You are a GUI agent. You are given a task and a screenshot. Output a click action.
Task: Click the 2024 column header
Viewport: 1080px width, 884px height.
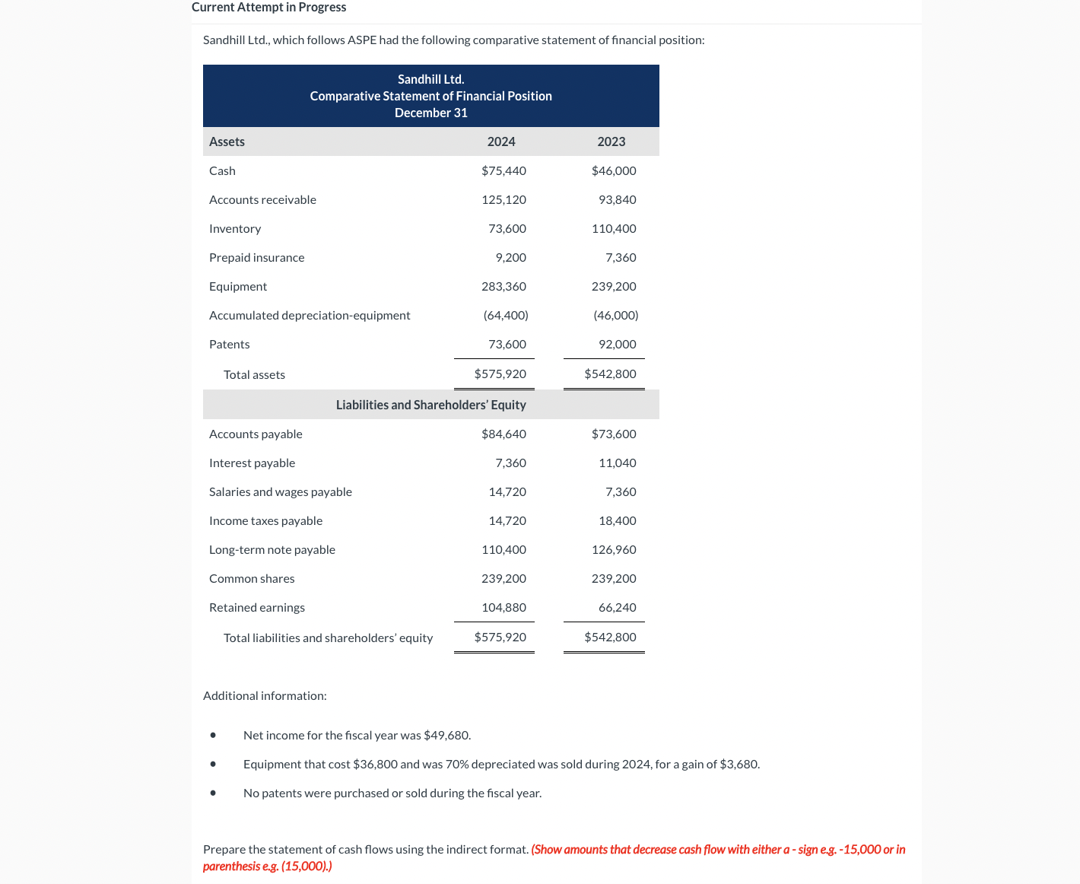[x=501, y=142]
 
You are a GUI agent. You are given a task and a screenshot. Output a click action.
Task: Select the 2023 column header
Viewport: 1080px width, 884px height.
[x=611, y=142]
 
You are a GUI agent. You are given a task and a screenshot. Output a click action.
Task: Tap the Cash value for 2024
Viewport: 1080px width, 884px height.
[x=503, y=171]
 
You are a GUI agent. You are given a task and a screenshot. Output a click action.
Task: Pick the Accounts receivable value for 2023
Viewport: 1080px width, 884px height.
[x=617, y=200]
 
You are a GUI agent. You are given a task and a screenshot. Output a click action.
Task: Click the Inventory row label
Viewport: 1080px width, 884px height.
[x=235, y=229]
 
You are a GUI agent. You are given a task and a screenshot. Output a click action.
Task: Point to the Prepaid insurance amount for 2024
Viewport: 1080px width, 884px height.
[x=510, y=258]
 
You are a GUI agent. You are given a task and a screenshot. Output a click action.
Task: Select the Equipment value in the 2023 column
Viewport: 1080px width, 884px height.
[x=614, y=287]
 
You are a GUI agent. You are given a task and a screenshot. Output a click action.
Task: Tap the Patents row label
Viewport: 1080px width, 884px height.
[x=229, y=345]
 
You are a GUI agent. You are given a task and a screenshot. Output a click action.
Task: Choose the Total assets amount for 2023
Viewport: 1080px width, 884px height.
[x=610, y=374]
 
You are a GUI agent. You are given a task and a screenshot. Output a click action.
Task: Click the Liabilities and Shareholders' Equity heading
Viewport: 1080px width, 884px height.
[x=430, y=405]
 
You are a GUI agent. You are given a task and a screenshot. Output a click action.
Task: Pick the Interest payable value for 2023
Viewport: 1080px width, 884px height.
[x=617, y=463]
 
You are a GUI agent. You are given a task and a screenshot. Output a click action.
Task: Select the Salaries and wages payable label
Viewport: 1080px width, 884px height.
[x=281, y=492]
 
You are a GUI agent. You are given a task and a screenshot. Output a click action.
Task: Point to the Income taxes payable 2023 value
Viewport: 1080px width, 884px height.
[x=617, y=521]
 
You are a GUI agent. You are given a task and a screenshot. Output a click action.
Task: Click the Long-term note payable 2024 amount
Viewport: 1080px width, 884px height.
[x=503, y=550]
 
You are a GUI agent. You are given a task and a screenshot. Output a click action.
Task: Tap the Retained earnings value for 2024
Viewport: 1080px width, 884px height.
[x=503, y=608]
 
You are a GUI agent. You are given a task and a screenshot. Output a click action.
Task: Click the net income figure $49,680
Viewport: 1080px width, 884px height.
[x=446, y=736]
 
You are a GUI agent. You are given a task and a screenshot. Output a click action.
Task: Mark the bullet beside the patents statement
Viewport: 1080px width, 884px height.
[x=213, y=793]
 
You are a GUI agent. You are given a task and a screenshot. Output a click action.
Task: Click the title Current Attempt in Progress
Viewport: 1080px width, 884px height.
[x=268, y=8]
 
